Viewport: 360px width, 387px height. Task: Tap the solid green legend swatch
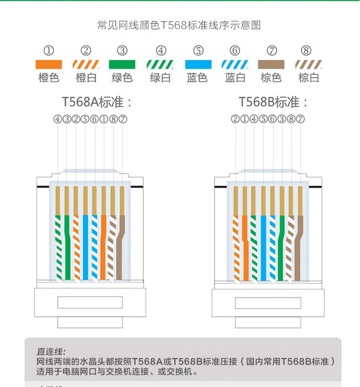coord(122,64)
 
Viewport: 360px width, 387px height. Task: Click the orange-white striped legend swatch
coord(86,64)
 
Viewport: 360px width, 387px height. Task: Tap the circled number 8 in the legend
coord(306,50)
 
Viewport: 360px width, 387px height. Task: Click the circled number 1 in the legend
coord(49,50)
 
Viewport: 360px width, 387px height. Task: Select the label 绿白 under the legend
coord(161,77)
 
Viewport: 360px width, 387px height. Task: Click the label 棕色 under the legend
coord(271,77)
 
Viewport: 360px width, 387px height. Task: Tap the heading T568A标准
coord(97,102)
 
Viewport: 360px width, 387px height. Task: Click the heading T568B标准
coord(274,102)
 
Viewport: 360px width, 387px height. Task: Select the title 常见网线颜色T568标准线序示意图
coord(179,25)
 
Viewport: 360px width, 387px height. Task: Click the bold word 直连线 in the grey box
coord(51,351)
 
